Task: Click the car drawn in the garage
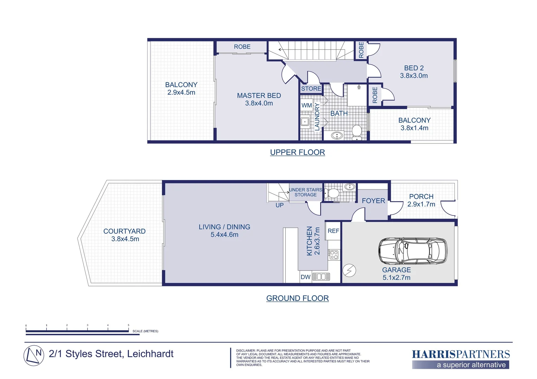tap(413, 251)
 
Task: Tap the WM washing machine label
tap(306, 105)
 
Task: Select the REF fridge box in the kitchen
tap(333, 231)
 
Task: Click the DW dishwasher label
tap(305, 277)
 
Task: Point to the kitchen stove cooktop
tap(334, 255)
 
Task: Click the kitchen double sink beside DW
tap(321, 277)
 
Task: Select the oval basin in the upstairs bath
tap(337, 136)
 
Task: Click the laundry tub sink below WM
tap(305, 122)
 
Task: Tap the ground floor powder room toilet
tap(332, 193)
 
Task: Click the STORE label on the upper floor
tap(311, 88)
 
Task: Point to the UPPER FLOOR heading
tap(298, 152)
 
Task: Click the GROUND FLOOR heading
tap(298, 298)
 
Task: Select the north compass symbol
tap(34, 355)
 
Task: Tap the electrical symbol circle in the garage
tap(349, 270)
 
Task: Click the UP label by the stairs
tap(279, 205)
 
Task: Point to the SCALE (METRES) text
tap(145, 331)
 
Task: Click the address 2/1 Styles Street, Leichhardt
tap(111, 354)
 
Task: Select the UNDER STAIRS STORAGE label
tap(306, 192)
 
